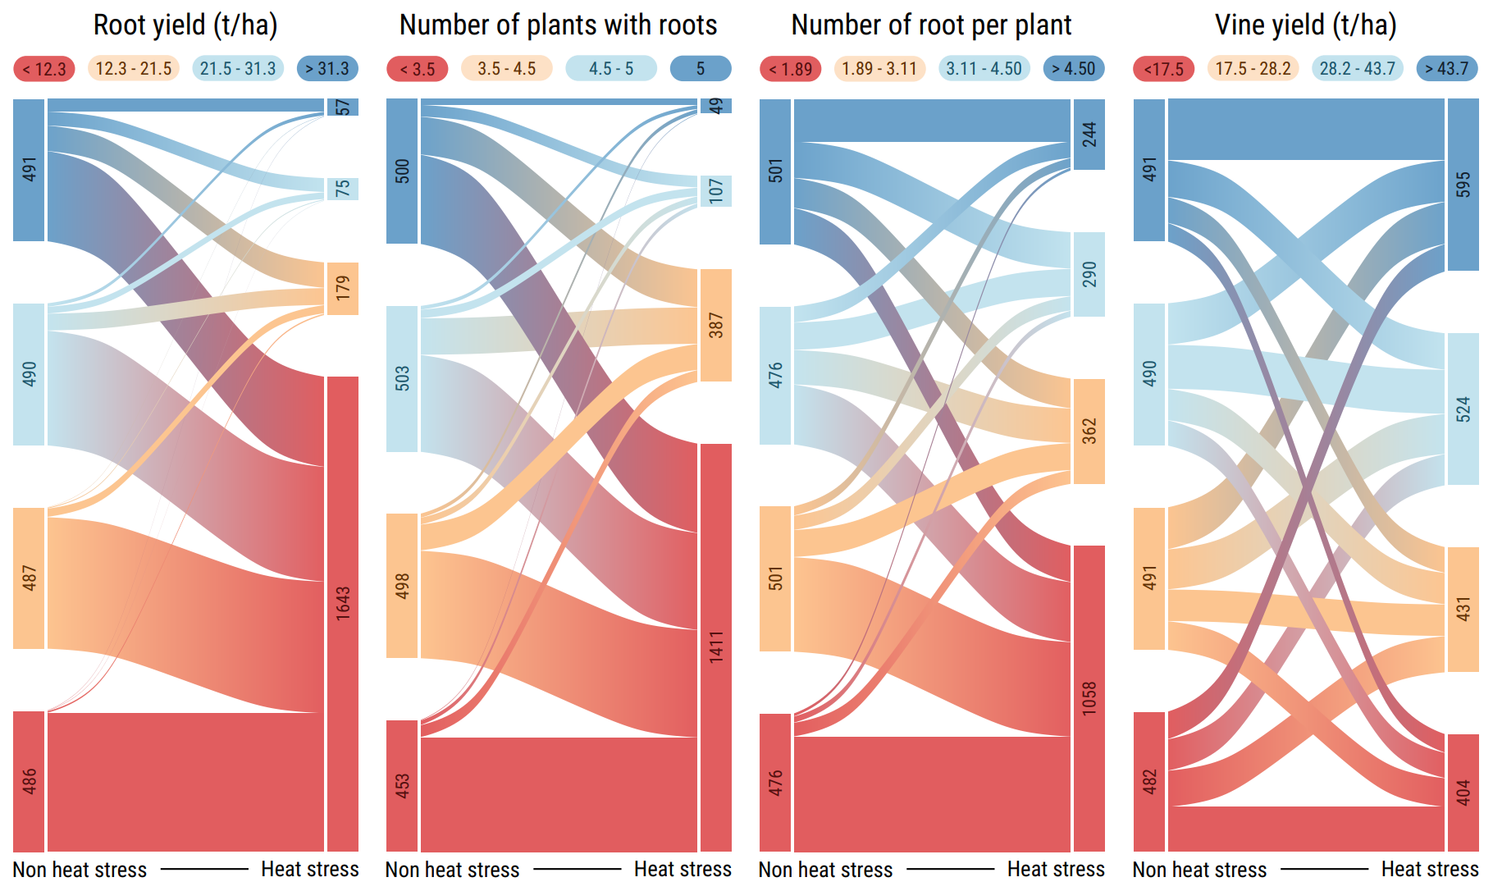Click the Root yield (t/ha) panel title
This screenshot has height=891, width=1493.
pos(185,25)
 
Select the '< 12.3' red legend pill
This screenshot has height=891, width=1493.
pos(44,69)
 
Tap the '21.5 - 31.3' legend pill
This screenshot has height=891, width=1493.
pos(238,69)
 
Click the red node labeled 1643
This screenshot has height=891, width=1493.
pos(343,614)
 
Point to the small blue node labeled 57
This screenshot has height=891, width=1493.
pos(343,107)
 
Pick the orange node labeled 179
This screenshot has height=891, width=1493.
pos(343,289)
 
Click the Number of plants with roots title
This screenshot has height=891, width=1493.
pos(558,25)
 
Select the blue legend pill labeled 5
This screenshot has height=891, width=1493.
pos(701,69)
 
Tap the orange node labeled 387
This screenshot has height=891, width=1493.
pos(716,325)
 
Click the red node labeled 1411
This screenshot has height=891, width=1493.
pos(716,647)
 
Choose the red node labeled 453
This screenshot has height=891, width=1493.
pos(402,785)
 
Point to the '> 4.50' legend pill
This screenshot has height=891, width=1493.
pos(1074,69)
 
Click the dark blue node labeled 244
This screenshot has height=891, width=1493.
pos(1089,135)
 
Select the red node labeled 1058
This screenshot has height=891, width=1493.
pos(1089,698)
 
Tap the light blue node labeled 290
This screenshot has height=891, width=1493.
pos(1089,274)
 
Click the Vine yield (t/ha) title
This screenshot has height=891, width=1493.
pos(1305,25)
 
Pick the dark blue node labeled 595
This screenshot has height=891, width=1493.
pos(1463,185)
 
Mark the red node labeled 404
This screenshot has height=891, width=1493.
pos(1463,793)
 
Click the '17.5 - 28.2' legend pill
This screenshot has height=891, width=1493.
pos(1253,69)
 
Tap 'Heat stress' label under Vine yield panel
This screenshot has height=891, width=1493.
pos(1429,870)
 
